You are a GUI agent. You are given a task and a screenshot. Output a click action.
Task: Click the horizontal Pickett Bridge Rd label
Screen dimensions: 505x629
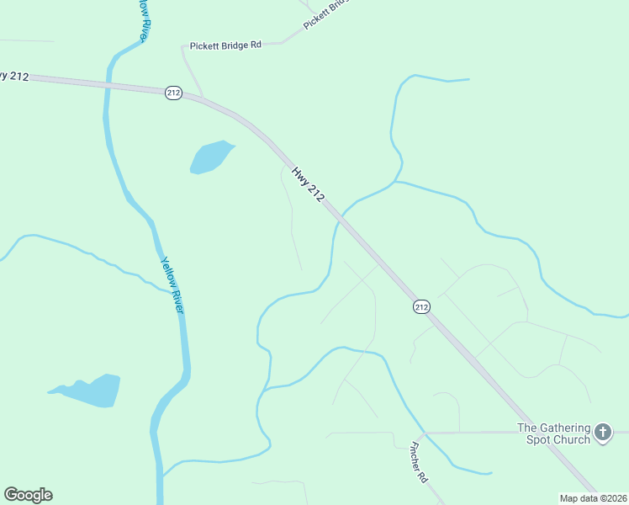click(225, 45)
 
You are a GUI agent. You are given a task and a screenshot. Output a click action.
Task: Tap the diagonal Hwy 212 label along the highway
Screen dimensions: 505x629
click(308, 183)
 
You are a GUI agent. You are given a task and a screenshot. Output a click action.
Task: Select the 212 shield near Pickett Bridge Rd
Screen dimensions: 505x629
click(173, 93)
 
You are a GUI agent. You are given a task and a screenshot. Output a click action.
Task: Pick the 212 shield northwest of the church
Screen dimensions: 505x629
click(422, 307)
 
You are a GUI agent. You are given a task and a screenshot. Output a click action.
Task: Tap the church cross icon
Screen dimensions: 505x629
click(602, 433)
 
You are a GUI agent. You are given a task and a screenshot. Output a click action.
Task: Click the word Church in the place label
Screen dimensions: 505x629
click(570, 439)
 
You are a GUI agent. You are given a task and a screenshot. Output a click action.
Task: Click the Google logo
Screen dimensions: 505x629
click(28, 495)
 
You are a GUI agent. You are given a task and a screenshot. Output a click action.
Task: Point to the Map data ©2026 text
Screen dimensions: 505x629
click(593, 498)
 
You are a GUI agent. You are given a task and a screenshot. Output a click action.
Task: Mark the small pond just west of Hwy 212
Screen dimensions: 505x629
click(210, 157)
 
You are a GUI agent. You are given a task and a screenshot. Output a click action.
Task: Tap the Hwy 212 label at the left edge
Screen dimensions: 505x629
click(14, 76)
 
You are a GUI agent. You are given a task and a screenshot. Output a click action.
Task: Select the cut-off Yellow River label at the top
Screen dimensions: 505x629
click(146, 19)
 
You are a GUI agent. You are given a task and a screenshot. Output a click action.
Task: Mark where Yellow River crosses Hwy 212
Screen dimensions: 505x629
click(108, 84)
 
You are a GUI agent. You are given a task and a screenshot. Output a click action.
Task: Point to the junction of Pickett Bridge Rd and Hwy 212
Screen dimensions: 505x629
click(198, 98)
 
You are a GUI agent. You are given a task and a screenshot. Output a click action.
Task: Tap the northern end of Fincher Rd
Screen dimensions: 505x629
click(424, 433)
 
